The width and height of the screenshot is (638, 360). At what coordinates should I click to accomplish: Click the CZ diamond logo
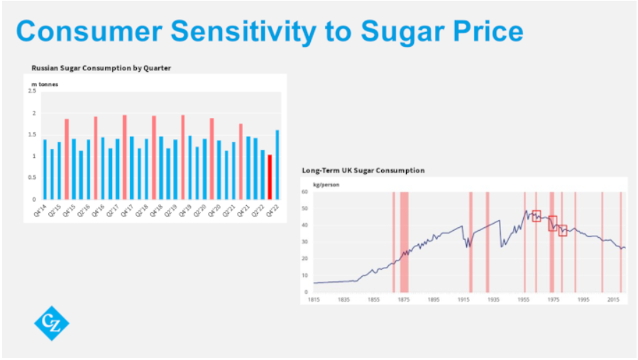click(x=52, y=323)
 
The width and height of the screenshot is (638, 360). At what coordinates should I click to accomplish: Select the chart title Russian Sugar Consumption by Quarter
click(x=101, y=68)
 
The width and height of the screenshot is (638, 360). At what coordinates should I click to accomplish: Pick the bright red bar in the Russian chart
click(x=270, y=177)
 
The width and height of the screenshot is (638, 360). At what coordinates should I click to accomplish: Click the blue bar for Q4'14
click(x=45, y=169)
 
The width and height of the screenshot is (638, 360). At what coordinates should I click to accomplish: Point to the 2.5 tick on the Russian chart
click(x=32, y=91)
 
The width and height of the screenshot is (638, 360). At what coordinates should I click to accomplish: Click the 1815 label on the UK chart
click(x=313, y=300)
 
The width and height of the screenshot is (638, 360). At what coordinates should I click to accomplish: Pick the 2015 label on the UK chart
click(x=613, y=300)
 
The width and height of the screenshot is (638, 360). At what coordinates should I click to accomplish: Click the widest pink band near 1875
click(x=404, y=241)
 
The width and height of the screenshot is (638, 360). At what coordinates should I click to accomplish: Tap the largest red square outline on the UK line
click(x=553, y=223)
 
